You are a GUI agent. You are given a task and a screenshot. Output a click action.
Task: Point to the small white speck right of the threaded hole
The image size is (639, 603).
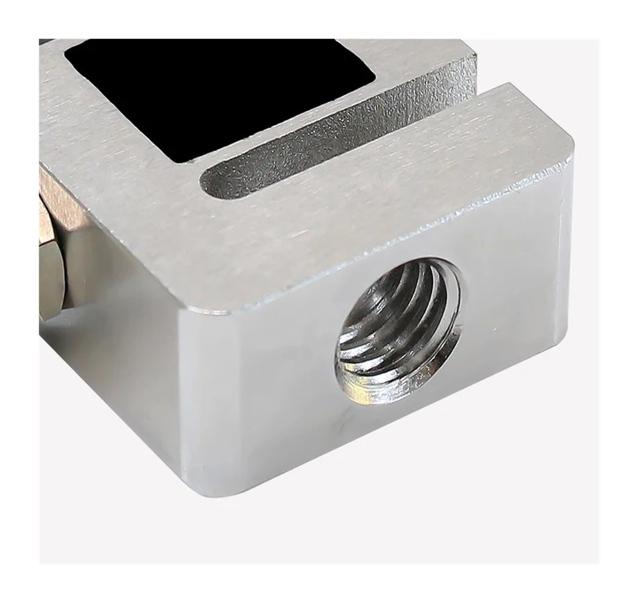click(x=496, y=329)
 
